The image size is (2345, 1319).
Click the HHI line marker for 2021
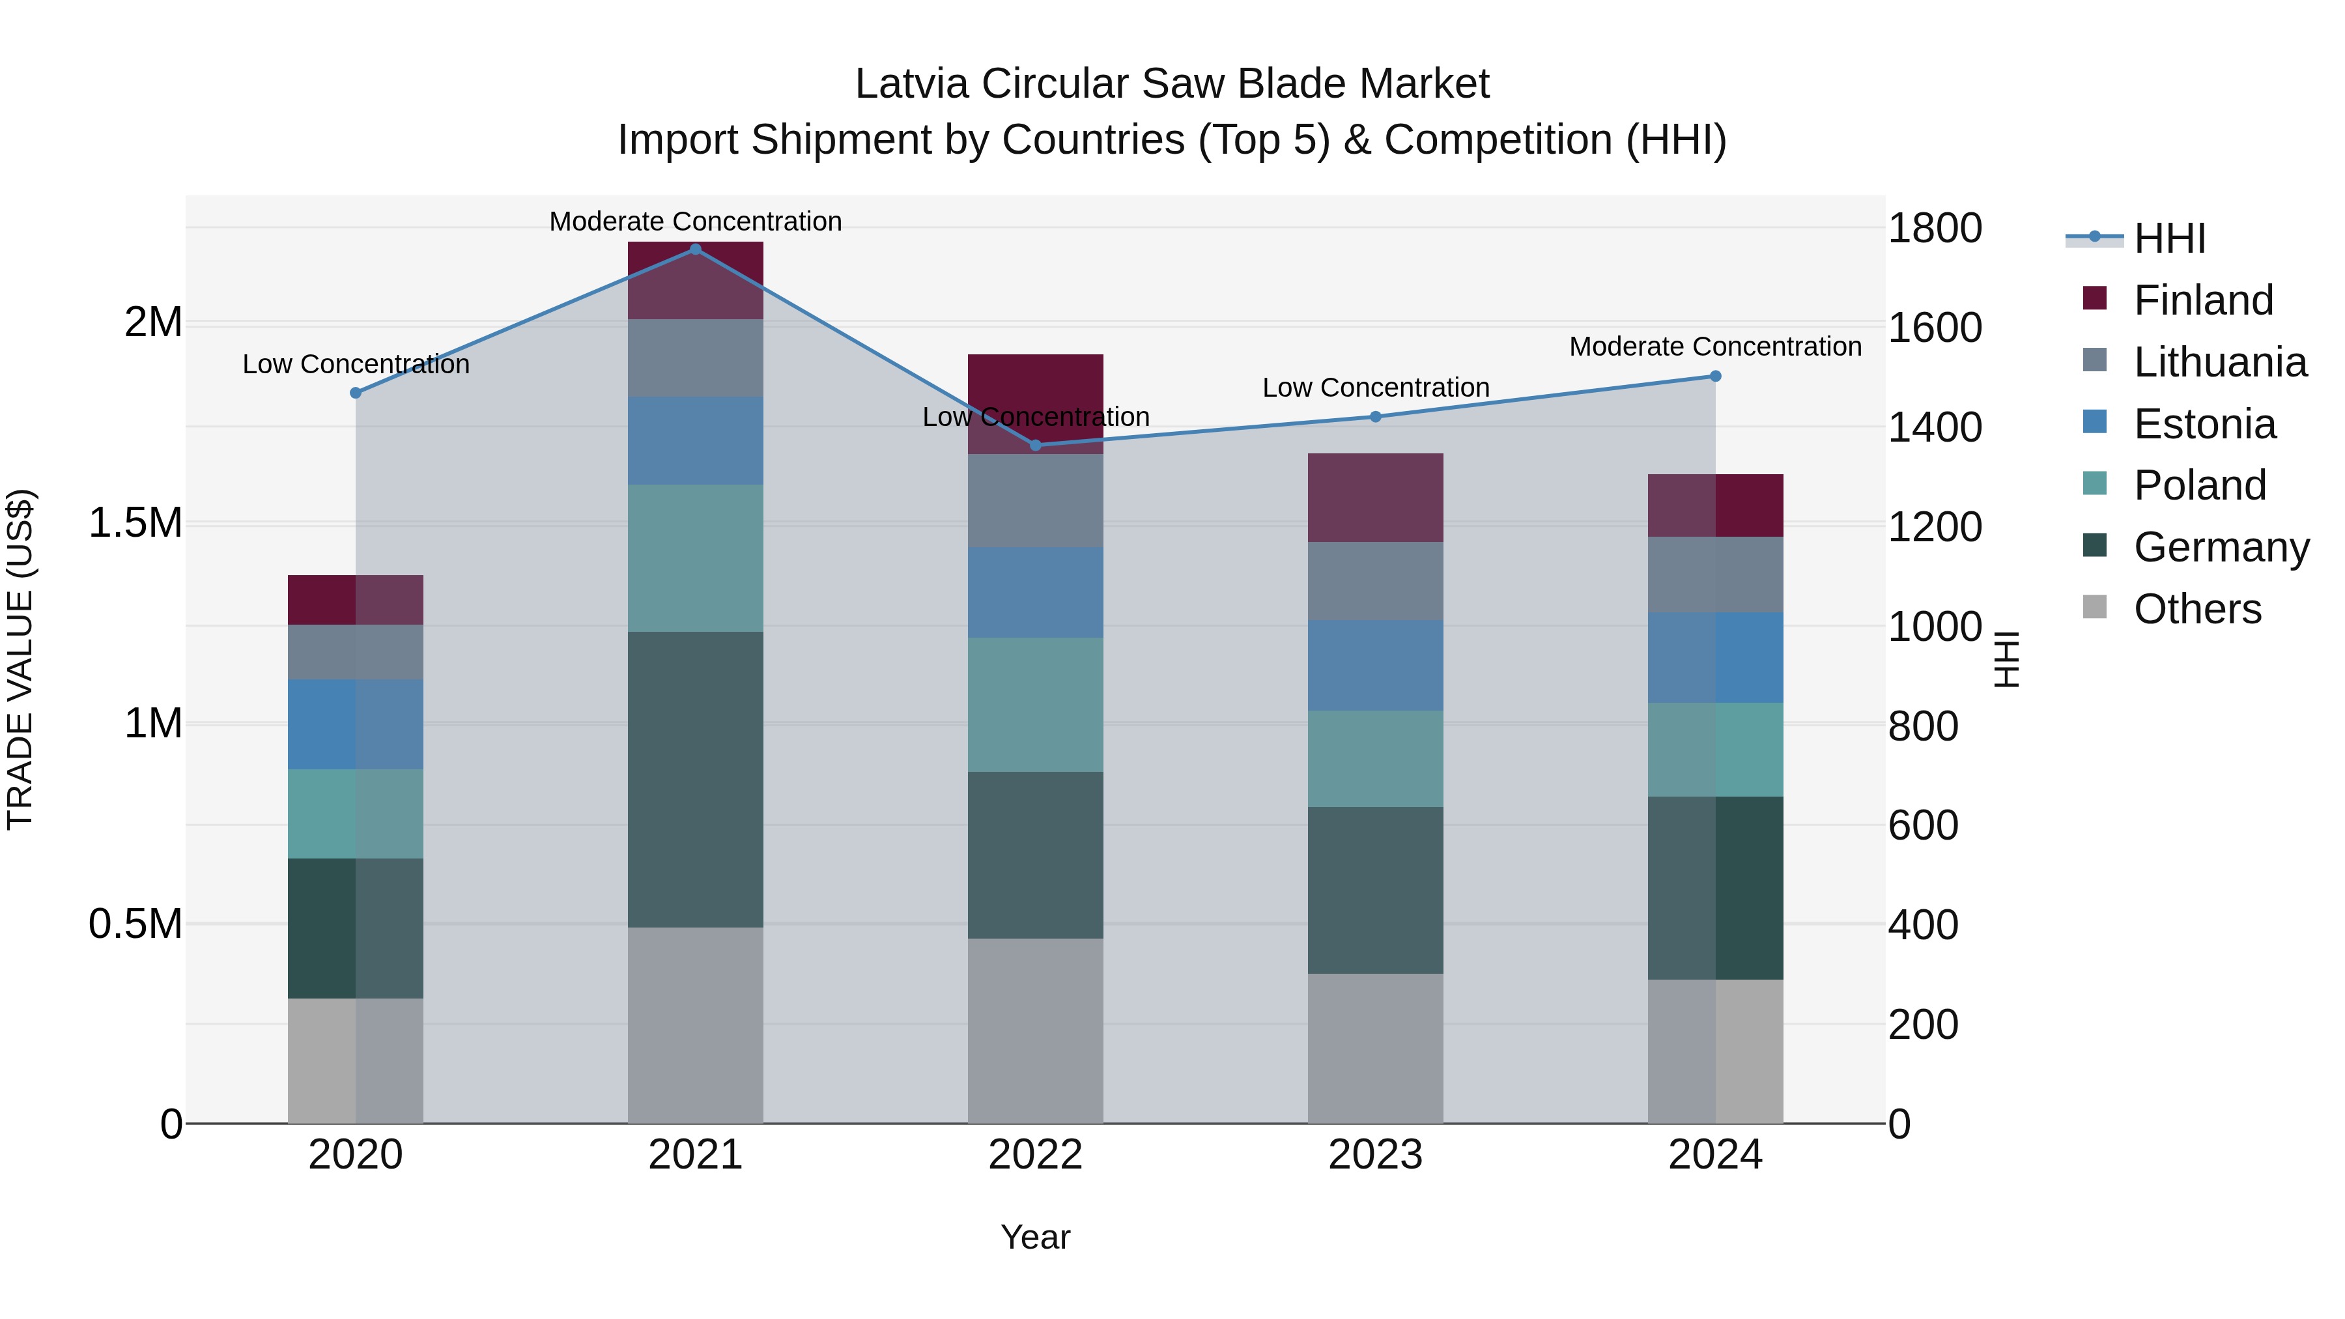(x=696, y=249)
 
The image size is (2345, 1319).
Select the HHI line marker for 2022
(x=1035, y=445)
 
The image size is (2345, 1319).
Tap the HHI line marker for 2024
(x=1715, y=376)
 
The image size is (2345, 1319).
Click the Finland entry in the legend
(x=2202, y=300)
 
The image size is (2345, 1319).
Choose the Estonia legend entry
(x=2204, y=424)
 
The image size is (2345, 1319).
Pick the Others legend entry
(x=2196, y=609)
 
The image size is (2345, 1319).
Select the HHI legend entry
(x=2168, y=238)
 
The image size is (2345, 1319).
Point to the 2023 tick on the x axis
(x=1374, y=1155)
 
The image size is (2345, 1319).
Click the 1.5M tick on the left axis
(x=135, y=524)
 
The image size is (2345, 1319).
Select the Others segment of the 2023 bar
(x=1374, y=1048)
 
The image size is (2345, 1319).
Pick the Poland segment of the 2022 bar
(x=1035, y=705)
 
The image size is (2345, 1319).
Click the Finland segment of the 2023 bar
(x=1374, y=498)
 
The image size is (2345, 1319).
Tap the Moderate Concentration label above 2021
(x=696, y=221)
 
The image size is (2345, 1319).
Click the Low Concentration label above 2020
(x=356, y=364)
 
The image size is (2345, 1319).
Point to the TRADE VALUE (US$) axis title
(x=20, y=659)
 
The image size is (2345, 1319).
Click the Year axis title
(x=1035, y=1237)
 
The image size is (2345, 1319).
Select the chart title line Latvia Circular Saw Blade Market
(x=1172, y=84)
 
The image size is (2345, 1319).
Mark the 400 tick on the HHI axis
(x=1923, y=925)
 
